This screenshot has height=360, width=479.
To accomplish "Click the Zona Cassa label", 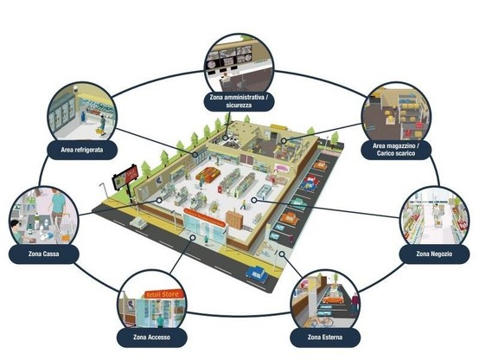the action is coord(44,254).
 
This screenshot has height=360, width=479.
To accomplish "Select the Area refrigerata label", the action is coord(82,150).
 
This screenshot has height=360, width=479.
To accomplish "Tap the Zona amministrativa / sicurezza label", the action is coord(239,101).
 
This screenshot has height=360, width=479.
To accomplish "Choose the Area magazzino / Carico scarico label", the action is coord(396,150).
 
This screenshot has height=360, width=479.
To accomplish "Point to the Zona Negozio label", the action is coord(434,254).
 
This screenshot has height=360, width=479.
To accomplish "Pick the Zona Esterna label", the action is coord(325,337).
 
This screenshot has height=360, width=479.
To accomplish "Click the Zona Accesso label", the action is coord(151,337).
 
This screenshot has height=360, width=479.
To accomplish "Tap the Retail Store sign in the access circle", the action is coord(163,294).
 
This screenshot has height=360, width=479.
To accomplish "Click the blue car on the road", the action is coord(257,273).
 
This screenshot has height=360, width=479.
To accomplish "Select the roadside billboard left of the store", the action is coord(125,177).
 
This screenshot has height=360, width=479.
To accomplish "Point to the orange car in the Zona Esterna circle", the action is coord(333,298).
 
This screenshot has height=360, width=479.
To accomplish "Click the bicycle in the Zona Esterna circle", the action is coord(320,322).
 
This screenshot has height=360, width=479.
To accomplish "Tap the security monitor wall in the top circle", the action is coord(229,58).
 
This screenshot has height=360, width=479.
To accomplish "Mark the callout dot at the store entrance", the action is coord(193,237).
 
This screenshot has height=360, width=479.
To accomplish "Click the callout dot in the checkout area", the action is coord(159,201).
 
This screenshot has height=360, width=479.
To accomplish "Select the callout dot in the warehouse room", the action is coord(284,141).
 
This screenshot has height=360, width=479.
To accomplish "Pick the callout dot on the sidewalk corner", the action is coord(282,254).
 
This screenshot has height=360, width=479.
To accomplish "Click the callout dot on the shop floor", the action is coord(254,201).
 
